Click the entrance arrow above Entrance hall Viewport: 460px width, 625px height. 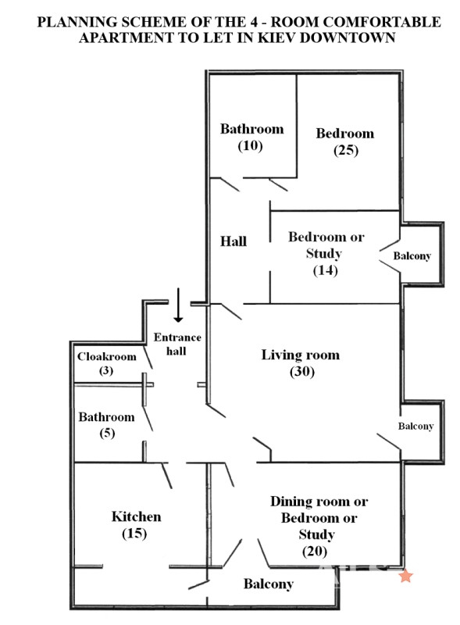click(178, 305)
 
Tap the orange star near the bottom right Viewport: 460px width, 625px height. click(406, 576)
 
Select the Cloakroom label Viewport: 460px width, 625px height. click(107, 356)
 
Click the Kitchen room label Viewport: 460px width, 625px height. click(137, 516)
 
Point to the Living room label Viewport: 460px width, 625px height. click(301, 355)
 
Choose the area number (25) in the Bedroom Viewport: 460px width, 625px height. click(346, 150)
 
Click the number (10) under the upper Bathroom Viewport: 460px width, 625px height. click(251, 146)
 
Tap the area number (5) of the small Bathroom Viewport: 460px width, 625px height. click(107, 433)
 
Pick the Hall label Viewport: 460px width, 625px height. click(234, 241)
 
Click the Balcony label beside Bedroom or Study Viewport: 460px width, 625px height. click(412, 256)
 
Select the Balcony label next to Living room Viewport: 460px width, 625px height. click(415, 426)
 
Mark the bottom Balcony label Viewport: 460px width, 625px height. click(269, 584)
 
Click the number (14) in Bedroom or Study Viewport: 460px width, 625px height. click(325, 270)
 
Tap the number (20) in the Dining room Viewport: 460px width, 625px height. click(315, 552)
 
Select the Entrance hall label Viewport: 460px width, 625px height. click(177, 344)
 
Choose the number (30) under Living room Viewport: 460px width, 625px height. click(302, 372)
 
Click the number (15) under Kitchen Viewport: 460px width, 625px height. click(134, 534)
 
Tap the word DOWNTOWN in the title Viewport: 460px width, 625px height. click(348, 37)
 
